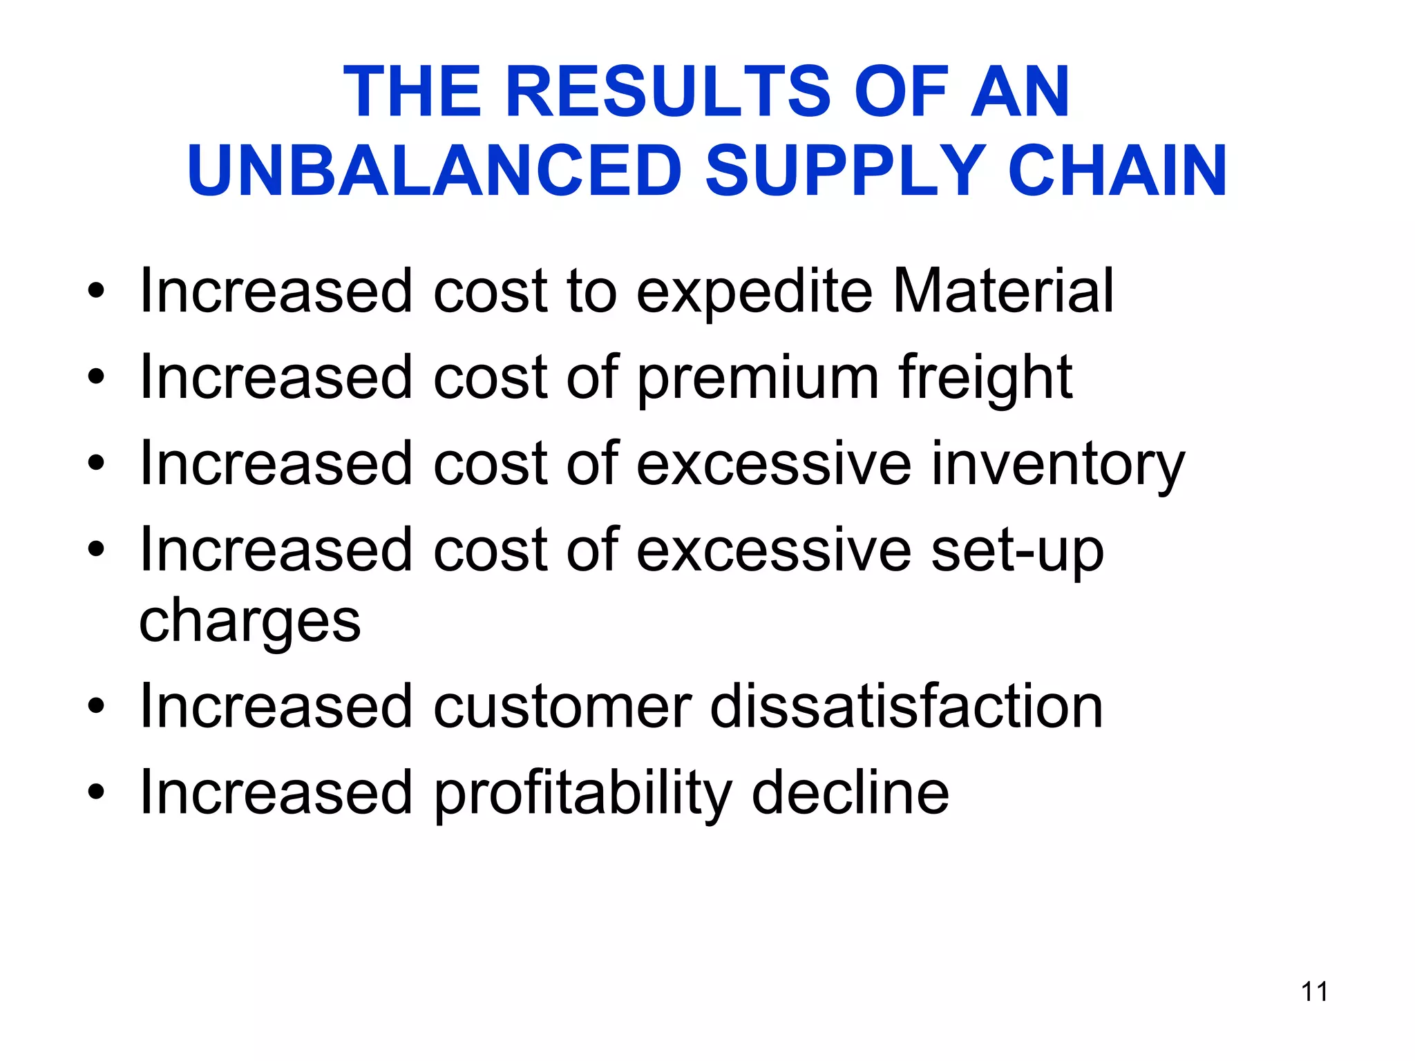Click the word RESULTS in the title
pyautogui.click(x=669, y=91)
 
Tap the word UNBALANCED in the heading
pyautogui.click(x=435, y=171)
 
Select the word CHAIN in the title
pyautogui.click(x=1117, y=171)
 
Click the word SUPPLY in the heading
pyautogui.click(x=845, y=171)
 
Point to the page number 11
pyautogui.click(x=1314, y=992)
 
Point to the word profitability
pyautogui.click(x=582, y=794)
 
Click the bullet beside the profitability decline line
pyautogui.click(x=96, y=793)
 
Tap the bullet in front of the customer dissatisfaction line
pyautogui.click(x=96, y=707)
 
